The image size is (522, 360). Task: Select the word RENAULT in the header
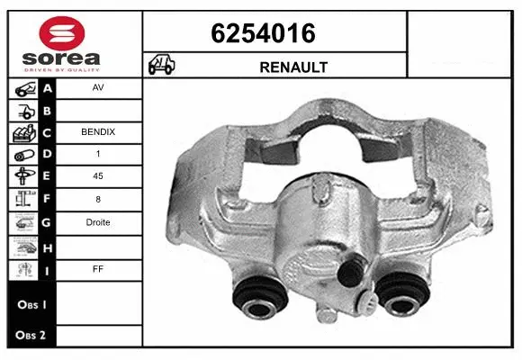tap(293, 67)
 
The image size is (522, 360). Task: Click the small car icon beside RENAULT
tap(163, 66)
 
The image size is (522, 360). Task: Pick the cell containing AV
tap(97, 89)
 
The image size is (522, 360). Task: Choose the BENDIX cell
tap(97, 132)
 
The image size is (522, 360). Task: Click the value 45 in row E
tap(97, 176)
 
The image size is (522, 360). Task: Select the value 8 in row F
tap(97, 199)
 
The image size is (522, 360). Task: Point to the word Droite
tap(97, 221)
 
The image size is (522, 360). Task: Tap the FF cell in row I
tap(97, 266)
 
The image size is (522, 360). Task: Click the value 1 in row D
tap(97, 155)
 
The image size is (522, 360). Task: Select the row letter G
tap(47, 221)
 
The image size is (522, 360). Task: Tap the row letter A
tap(47, 89)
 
